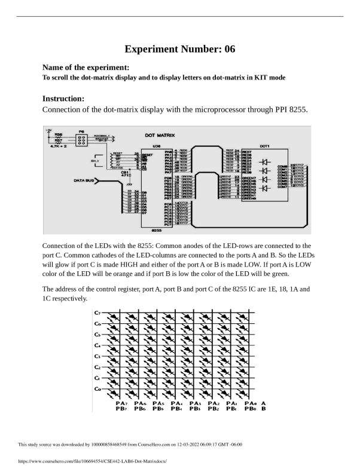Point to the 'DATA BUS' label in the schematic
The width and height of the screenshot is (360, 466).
[x=86, y=179]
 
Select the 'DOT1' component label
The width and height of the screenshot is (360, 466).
[x=264, y=146]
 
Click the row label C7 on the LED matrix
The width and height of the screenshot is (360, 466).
[x=97, y=312]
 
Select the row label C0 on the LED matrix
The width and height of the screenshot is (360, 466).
[x=97, y=389]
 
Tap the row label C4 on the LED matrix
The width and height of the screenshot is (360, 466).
[x=97, y=345]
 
